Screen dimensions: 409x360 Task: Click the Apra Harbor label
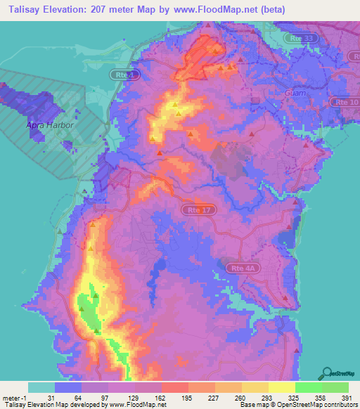pyautogui.click(x=50, y=124)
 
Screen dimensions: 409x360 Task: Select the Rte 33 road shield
pyautogui.click(x=301, y=39)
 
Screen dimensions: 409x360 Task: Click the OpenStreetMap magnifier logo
pyautogui.click(x=326, y=373)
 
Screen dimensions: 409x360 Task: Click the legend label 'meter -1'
pyautogui.click(x=15, y=397)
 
